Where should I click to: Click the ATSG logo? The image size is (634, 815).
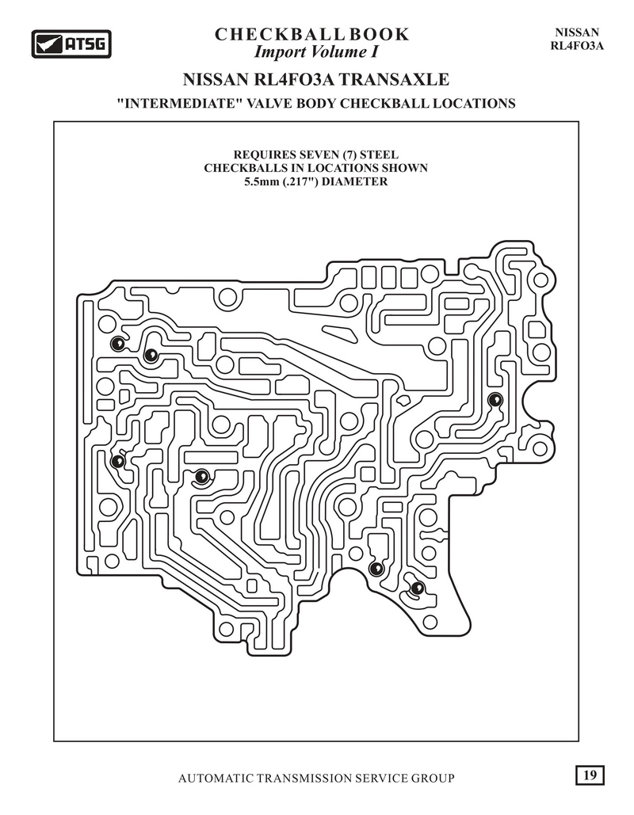[x=71, y=44]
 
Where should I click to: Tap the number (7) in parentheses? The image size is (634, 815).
[x=354, y=154]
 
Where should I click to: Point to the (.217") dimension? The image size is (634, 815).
[x=309, y=181]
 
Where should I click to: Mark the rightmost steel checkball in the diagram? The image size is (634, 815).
[x=495, y=398]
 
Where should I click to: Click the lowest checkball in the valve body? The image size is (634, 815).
[x=417, y=588]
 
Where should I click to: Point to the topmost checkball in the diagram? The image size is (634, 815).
[x=117, y=343]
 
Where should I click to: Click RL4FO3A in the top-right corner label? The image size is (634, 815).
[x=576, y=45]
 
